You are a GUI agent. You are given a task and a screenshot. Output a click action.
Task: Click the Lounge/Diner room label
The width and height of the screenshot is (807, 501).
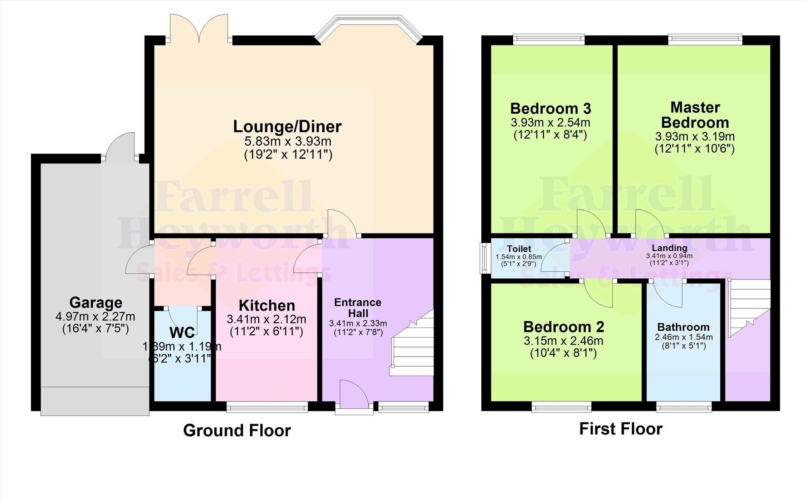(x=287, y=127)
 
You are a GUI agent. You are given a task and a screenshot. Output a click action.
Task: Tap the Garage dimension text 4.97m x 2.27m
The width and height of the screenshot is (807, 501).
(x=95, y=316)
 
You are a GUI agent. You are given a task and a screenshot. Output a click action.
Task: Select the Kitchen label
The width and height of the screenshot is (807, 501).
(x=267, y=306)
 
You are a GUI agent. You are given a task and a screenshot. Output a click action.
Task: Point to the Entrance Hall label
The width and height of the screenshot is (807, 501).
(x=358, y=308)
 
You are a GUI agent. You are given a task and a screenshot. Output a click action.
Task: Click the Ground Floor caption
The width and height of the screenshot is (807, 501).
(x=237, y=430)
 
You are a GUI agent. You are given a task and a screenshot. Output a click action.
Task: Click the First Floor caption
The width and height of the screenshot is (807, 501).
(x=621, y=429)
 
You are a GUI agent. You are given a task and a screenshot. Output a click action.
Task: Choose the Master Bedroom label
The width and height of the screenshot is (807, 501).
(x=695, y=115)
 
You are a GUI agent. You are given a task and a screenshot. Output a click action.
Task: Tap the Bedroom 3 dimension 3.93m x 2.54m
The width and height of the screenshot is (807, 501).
(x=550, y=123)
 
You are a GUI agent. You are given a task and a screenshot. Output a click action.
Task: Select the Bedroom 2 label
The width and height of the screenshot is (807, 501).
(x=563, y=327)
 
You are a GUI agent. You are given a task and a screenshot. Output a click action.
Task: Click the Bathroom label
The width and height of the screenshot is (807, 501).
(x=683, y=327)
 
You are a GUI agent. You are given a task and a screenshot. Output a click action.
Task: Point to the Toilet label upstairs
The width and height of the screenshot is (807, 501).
(x=519, y=249)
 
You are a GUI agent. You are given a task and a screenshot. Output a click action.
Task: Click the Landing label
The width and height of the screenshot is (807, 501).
(x=669, y=248)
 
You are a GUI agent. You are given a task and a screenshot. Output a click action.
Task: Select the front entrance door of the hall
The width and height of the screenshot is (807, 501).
(x=354, y=397)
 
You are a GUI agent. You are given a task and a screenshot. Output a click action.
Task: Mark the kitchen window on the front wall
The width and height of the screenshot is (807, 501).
(x=267, y=407)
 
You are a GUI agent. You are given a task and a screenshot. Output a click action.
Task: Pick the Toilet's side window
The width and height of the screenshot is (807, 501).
(x=485, y=259)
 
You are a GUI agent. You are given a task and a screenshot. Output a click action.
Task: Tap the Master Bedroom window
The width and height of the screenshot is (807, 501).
(x=705, y=39)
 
